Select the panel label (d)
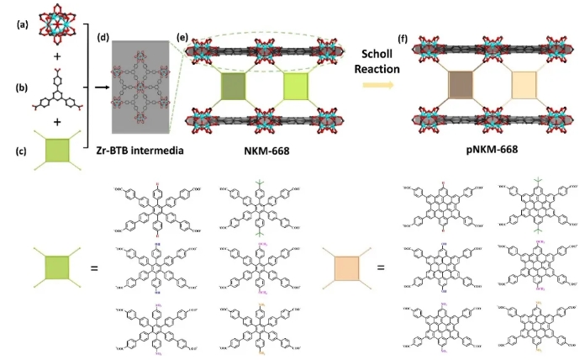click(x=103, y=34)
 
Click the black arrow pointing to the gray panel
click(x=97, y=85)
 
